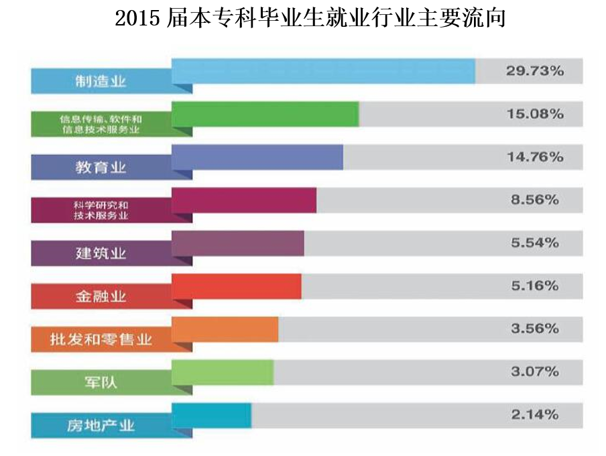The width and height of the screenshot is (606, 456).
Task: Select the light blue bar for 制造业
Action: (323, 70)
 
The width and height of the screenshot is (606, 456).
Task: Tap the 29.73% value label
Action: (534, 70)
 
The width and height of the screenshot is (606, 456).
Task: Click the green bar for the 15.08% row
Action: (265, 113)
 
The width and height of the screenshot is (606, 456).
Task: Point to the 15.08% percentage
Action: (534, 114)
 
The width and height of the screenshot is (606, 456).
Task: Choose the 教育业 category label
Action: (101, 167)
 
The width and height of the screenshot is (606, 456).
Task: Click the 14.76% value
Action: (534, 157)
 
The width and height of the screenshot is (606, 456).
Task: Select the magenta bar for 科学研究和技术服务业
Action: (244, 200)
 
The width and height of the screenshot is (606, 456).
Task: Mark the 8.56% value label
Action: (534, 200)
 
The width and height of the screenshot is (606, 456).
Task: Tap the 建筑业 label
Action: (101, 253)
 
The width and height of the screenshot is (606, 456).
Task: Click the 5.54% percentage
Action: (534, 243)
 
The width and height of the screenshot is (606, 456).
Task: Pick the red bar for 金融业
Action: (236, 286)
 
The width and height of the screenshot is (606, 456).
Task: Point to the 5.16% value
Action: (534, 286)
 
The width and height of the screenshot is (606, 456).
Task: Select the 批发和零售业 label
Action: (101, 339)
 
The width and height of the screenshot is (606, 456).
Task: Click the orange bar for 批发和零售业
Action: (225, 329)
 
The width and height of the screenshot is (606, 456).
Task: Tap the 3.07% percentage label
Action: (534, 372)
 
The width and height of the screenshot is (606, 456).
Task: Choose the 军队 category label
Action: (101, 382)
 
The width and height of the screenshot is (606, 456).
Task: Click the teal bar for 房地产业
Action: (211, 414)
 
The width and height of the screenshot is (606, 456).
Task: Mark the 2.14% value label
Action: (534, 414)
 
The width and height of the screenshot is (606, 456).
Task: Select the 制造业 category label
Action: (101, 82)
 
